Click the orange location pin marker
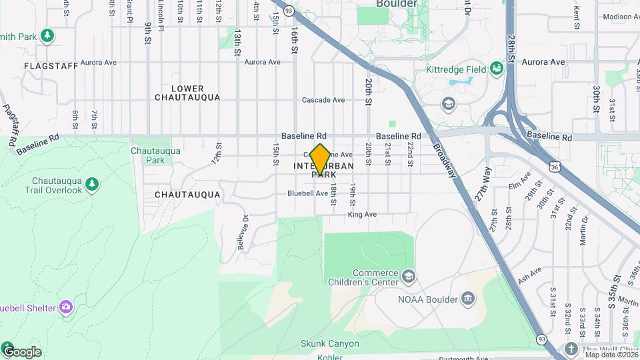(320, 159)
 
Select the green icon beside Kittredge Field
(496, 68)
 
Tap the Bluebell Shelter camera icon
(65, 307)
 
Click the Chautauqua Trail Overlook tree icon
(92, 183)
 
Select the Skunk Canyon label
(330, 344)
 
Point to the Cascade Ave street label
(323, 100)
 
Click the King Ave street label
(363, 215)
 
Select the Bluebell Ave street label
(307, 193)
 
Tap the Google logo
(21, 351)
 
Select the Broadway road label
(445, 161)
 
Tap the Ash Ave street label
(529, 275)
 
